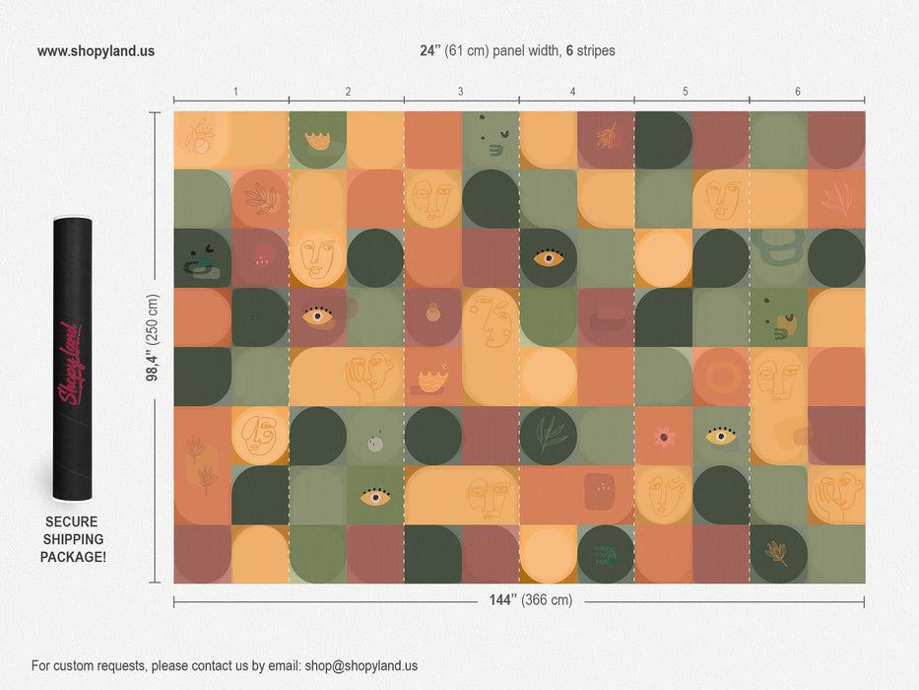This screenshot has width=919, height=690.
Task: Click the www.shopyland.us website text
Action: (96, 51)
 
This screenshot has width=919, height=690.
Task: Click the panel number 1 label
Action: (235, 92)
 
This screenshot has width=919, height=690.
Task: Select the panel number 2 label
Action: (348, 92)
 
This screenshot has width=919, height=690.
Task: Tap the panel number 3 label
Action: (460, 92)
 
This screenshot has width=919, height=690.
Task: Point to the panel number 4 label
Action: (572, 92)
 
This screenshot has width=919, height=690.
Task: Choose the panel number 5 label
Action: (686, 92)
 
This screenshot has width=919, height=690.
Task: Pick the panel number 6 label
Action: (798, 92)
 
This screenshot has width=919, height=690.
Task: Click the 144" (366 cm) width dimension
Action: (530, 600)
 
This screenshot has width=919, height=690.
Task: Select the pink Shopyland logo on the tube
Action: (72, 363)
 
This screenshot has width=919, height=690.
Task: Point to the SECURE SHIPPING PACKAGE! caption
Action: (72, 539)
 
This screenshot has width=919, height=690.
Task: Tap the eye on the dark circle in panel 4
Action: (548, 258)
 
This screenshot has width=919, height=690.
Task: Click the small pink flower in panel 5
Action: (663, 436)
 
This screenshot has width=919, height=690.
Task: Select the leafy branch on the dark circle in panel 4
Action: (548, 434)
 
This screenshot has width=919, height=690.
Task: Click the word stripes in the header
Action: (596, 51)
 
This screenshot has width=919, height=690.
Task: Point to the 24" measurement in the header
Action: (431, 51)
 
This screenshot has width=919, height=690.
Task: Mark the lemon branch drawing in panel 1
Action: (200, 136)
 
